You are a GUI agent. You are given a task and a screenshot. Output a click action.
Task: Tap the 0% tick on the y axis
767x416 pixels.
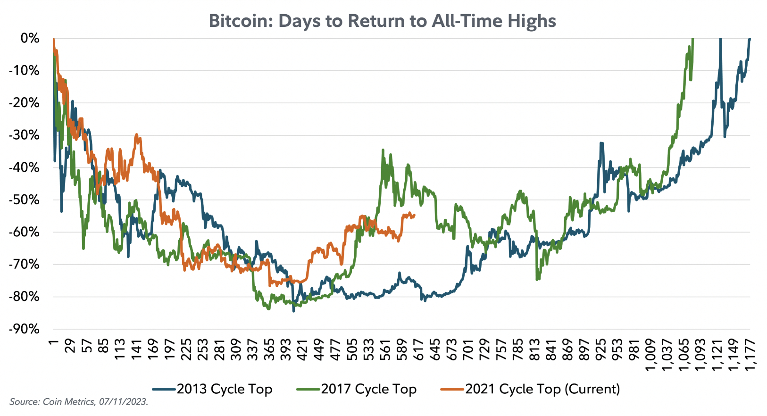coord(30,38)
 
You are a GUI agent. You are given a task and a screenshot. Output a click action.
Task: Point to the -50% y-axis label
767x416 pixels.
coord(25,200)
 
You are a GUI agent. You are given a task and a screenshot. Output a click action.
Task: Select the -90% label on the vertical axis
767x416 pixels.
coord(25,329)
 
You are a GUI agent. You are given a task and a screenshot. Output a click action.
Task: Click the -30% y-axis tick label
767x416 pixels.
coord(25,135)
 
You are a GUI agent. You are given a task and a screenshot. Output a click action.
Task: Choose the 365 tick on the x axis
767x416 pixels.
coord(269,349)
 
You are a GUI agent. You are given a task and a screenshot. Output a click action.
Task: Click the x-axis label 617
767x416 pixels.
coord(418,349)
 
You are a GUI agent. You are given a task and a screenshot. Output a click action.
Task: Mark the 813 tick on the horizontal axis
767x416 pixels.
coord(534,349)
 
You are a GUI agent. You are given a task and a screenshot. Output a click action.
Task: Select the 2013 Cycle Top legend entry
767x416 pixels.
coord(224,389)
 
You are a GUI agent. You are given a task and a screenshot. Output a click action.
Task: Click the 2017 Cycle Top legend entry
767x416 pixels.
coord(368,389)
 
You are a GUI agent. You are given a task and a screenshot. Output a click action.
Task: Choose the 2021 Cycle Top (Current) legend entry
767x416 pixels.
coord(542,389)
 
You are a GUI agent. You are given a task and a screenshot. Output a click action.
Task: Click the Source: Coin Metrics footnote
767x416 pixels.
coord(79,402)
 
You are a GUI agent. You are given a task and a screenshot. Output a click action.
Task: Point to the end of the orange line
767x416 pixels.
coord(414,216)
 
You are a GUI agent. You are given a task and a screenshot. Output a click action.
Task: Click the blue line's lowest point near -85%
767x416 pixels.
coord(293,311)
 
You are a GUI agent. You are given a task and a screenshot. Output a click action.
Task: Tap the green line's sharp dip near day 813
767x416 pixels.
coord(537,280)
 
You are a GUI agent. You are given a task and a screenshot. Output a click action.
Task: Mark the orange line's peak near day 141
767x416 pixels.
coord(136,134)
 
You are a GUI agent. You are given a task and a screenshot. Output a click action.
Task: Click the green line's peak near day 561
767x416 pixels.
coord(383,150)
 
